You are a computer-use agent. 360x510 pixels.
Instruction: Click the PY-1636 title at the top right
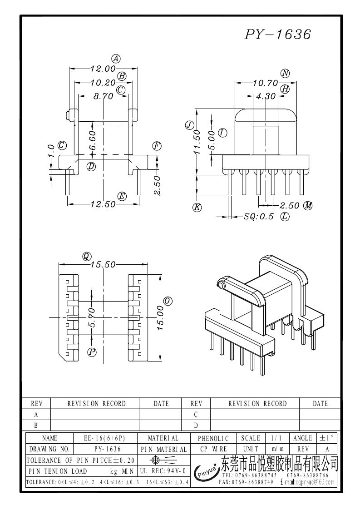tap(278, 35)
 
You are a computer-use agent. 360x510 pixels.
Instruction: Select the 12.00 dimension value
tap(103, 69)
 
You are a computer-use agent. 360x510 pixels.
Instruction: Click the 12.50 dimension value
tap(103, 204)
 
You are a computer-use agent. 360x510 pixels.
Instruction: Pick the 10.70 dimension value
tap(266, 83)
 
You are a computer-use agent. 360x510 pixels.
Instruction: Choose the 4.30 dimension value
tap(266, 96)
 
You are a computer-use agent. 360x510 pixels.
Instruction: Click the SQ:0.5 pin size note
tap(259, 217)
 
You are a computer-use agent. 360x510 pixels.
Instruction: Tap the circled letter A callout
tap(116, 59)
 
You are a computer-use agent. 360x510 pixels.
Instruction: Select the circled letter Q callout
tap(86, 256)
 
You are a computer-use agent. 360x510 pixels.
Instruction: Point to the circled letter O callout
tap(168, 301)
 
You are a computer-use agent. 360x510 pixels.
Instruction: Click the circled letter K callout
tap(197, 207)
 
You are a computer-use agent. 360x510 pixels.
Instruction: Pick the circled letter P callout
tap(93, 352)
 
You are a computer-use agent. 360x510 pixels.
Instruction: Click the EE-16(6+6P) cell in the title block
tap(104, 438)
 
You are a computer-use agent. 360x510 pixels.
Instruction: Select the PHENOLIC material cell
tap(214, 438)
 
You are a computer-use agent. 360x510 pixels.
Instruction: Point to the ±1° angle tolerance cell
tap(326, 438)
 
